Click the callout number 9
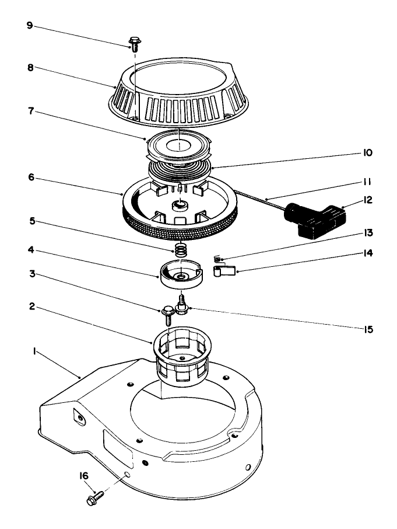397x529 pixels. (x=30, y=25)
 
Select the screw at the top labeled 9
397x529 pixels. (x=135, y=44)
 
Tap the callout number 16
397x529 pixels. (x=84, y=476)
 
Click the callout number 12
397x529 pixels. (x=368, y=200)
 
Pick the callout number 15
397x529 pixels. (x=368, y=329)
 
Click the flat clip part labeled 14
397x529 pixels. (x=224, y=270)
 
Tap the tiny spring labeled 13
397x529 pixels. (x=218, y=259)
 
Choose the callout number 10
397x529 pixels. (x=368, y=153)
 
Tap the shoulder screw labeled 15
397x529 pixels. (x=182, y=305)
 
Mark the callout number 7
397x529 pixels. (x=31, y=111)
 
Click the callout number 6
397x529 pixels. (x=31, y=177)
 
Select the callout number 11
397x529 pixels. (x=367, y=182)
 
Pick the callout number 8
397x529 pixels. (x=30, y=67)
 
